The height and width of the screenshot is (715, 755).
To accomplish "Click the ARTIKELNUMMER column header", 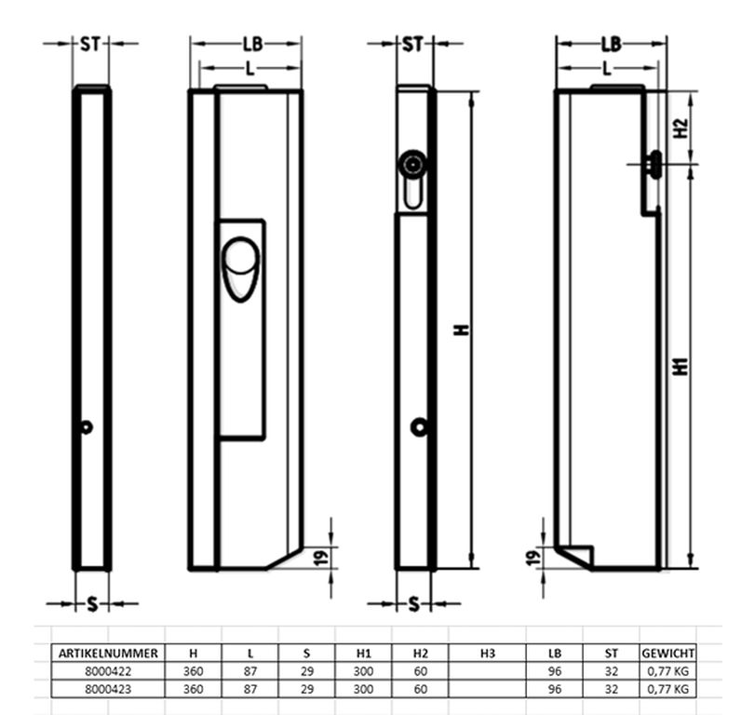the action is pyautogui.click(x=108, y=654).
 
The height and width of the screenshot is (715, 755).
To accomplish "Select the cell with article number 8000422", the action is pyautogui.click(x=108, y=670).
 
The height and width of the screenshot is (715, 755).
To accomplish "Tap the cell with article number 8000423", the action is pyautogui.click(x=108, y=689).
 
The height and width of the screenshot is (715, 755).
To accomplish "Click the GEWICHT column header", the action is pyautogui.click(x=667, y=654).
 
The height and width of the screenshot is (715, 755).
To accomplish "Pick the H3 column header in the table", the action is pyautogui.click(x=487, y=654).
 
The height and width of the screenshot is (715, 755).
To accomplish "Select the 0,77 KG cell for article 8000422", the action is pyautogui.click(x=667, y=670).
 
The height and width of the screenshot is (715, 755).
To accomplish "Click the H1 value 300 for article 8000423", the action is pyautogui.click(x=364, y=689).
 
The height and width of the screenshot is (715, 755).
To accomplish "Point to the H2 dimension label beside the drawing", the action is pyautogui.click(x=681, y=128).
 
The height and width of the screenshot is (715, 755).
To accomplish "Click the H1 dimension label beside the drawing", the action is pyautogui.click(x=681, y=367).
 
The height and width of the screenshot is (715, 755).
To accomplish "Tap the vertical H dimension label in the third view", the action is pyautogui.click(x=462, y=330).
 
